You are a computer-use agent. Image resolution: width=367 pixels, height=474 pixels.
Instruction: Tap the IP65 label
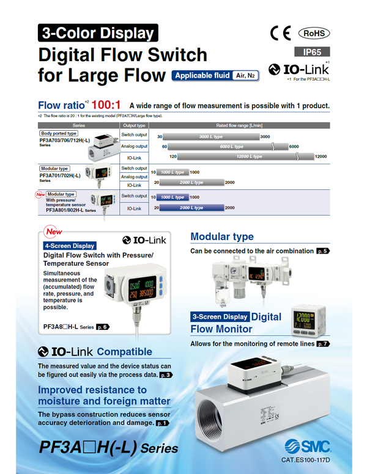point(313,53)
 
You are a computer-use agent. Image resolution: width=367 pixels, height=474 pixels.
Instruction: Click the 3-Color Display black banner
point(97,32)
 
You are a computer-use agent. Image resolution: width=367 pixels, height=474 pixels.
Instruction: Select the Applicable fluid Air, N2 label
point(215,76)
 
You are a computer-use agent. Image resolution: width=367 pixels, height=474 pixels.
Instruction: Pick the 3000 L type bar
point(211,137)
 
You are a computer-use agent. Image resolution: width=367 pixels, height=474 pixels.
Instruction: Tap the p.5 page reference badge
point(323,251)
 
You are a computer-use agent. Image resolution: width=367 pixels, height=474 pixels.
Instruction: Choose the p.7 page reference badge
point(323,344)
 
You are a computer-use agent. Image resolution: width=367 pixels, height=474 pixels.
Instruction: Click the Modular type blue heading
point(222,236)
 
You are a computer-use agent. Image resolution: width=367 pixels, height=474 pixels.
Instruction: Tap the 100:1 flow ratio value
point(107,105)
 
